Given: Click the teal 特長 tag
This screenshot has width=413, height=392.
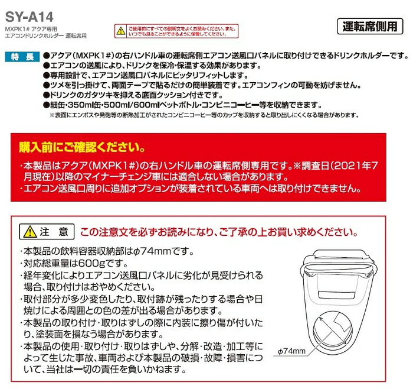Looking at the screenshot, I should click(x=24, y=57).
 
